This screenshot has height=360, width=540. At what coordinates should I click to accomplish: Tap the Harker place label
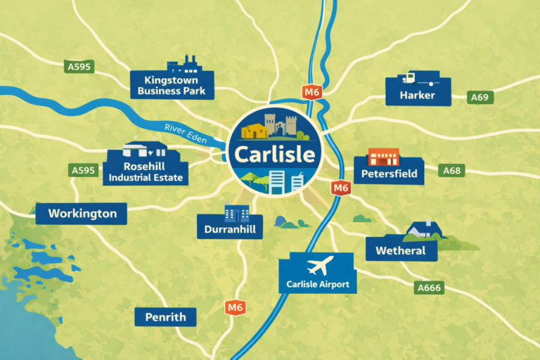click(x=418, y=95)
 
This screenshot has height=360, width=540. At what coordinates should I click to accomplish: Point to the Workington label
click(x=82, y=213)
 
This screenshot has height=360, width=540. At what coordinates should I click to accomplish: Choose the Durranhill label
click(x=230, y=229)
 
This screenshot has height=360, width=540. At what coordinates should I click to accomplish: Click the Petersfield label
click(x=388, y=173)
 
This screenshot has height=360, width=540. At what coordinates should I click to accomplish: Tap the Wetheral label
click(x=401, y=250)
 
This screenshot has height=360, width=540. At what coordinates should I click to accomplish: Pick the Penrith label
click(x=165, y=317)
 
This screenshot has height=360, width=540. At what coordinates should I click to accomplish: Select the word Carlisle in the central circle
click(x=272, y=153)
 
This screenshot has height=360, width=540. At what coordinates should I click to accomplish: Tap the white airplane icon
click(x=320, y=266)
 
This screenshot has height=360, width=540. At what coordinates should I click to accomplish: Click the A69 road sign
click(x=480, y=97)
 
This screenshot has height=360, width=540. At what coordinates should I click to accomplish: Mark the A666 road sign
click(x=429, y=287)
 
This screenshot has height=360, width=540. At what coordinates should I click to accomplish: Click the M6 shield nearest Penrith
click(x=235, y=307)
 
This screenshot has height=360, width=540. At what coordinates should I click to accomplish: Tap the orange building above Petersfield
click(x=383, y=156)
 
